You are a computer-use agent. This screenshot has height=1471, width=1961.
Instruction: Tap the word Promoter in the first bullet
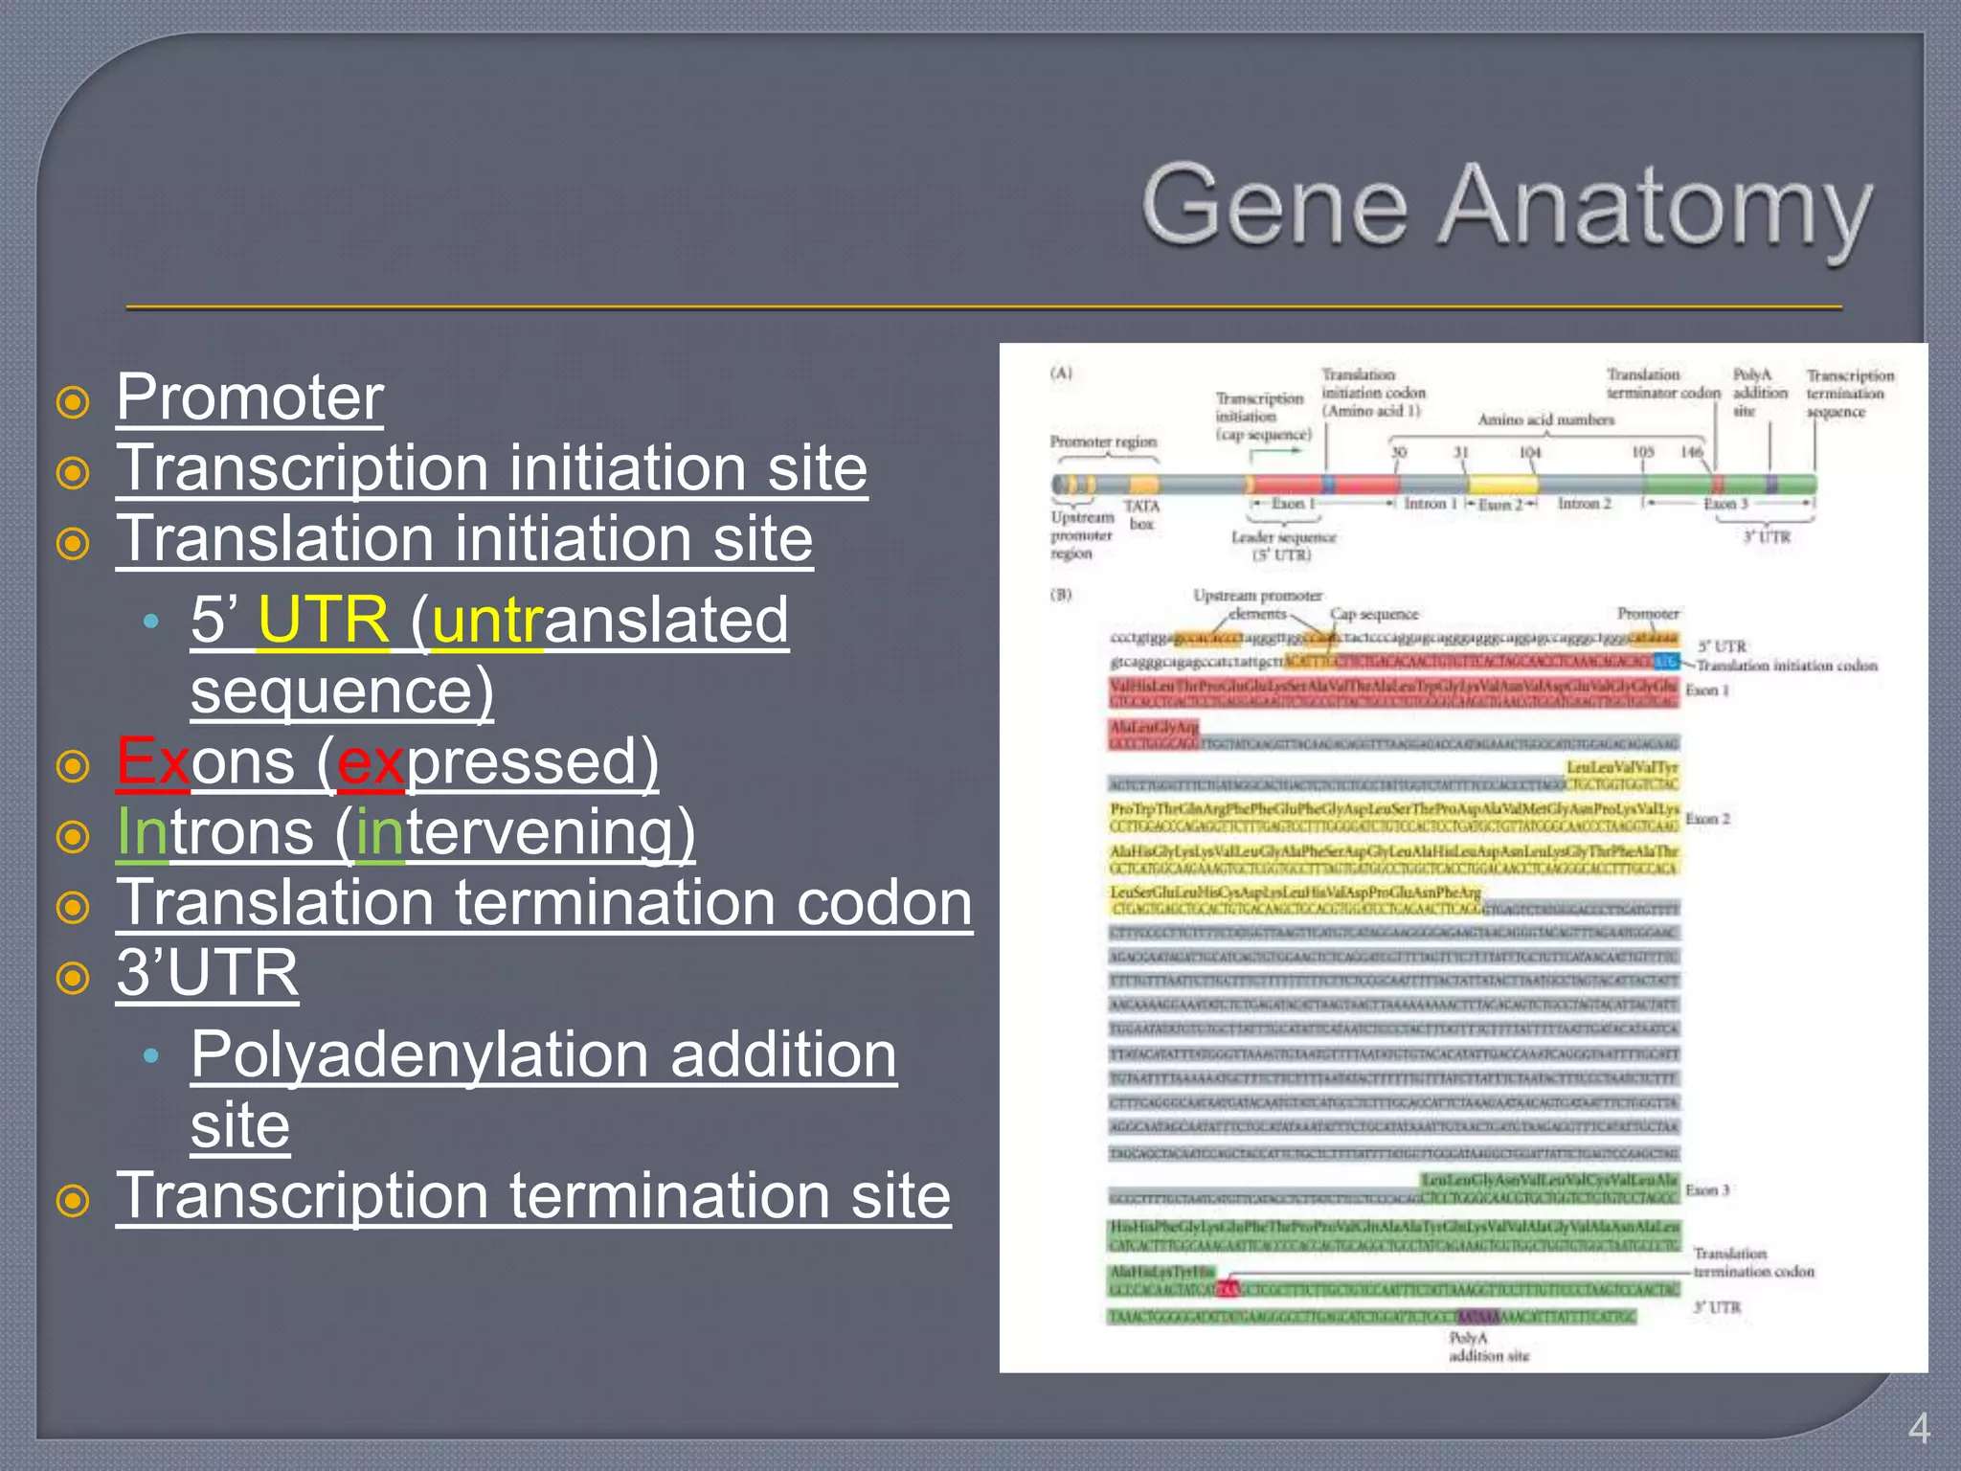[250, 397]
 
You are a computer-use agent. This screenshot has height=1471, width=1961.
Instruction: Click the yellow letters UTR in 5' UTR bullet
[324, 620]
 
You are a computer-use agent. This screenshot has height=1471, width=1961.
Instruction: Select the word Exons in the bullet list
[205, 761]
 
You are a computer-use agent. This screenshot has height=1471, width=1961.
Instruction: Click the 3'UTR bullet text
[207, 973]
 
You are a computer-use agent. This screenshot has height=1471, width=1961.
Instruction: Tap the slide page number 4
[1918, 1429]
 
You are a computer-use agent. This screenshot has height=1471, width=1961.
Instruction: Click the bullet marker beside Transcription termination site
[73, 1200]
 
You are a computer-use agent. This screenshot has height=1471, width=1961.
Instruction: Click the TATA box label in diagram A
[1141, 514]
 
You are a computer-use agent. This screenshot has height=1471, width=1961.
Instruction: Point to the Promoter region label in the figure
[1103, 441]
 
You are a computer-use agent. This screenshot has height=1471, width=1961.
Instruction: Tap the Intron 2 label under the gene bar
[1584, 504]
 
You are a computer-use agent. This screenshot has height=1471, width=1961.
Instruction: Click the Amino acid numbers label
[1545, 419]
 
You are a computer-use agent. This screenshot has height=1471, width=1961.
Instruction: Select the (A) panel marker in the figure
[1061, 373]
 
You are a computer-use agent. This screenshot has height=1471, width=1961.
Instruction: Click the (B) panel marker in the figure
[1061, 594]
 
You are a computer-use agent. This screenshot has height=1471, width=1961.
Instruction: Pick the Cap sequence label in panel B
[1373, 614]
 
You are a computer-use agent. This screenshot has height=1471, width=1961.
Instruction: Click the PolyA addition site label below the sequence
[1487, 1347]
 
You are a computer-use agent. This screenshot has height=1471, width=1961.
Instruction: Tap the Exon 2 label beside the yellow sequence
[1707, 819]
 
